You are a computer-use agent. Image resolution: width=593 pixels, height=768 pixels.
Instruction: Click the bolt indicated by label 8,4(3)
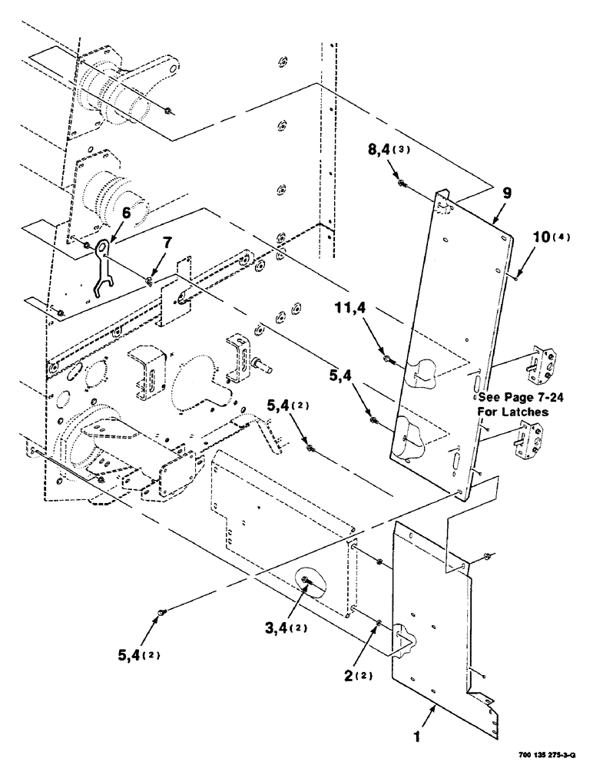(x=401, y=183)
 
